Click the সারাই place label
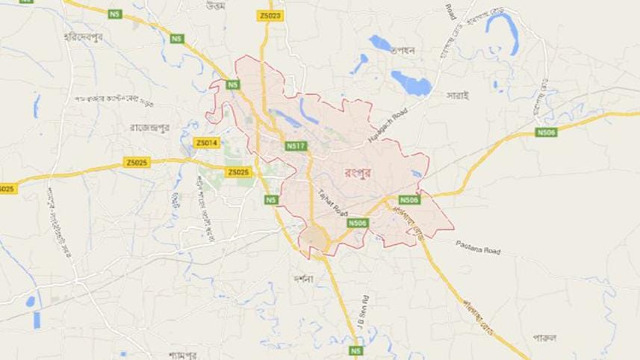[x=457, y=96]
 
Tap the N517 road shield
[x=296, y=147]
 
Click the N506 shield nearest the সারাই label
[x=547, y=132]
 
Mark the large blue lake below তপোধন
[x=411, y=82]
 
